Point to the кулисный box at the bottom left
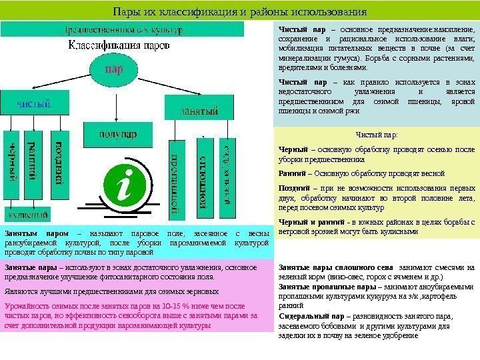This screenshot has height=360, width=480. click(x=27, y=215)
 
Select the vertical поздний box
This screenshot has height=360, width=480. click(x=59, y=163)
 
